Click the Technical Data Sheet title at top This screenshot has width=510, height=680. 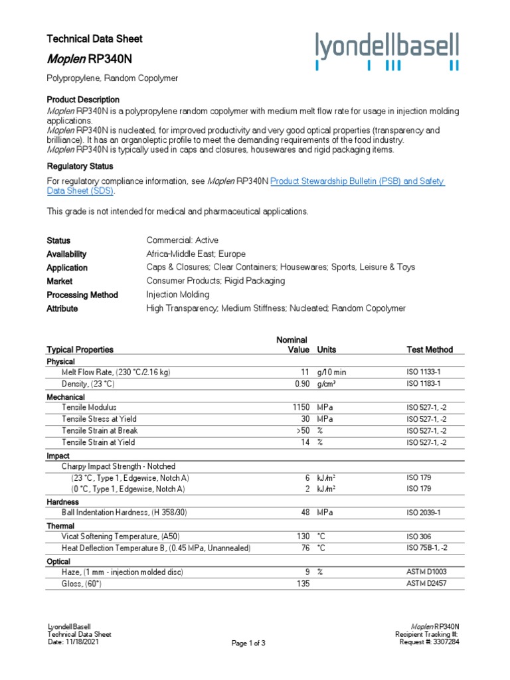pos(94,39)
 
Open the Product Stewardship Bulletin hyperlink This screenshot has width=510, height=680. pos(357,181)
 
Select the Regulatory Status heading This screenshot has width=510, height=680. pos(80,166)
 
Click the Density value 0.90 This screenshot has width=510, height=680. pos(302,384)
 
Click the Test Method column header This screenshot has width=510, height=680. pos(430,349)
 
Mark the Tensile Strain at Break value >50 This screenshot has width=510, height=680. pos(302,430)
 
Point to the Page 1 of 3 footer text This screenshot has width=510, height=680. pos(248,643)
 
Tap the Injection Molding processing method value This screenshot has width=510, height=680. pos(177,295)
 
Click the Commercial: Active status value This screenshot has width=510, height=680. pos(182,240)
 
